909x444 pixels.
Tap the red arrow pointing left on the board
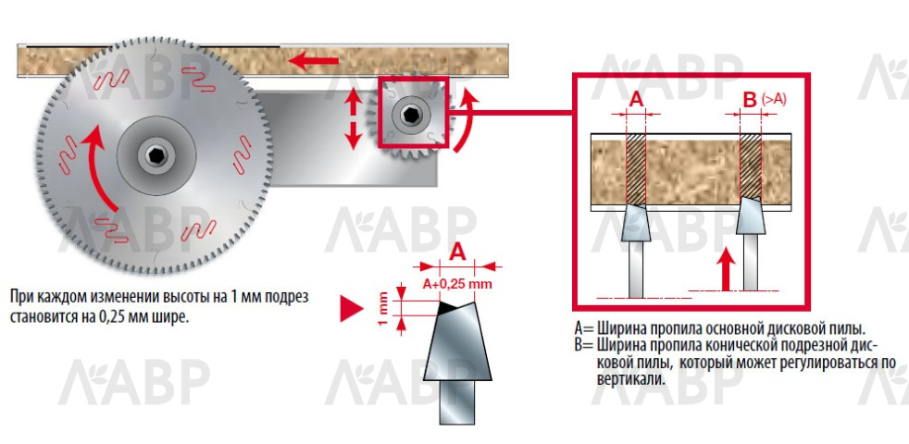[x=312, y=62]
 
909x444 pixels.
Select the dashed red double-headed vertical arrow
[x=354, y=118]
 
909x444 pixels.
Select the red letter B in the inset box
[x=749, y=99]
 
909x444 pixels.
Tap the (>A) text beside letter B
[x=773, y=98]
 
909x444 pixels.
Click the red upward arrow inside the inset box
[x=728, y=268]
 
